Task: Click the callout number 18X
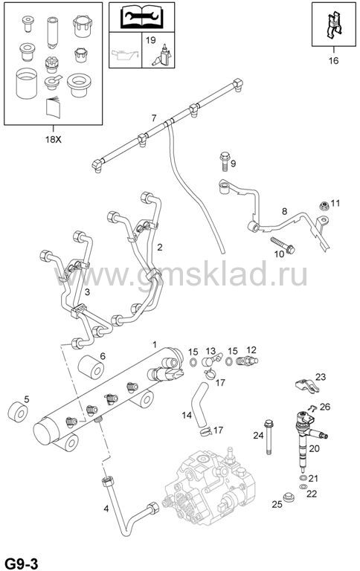[54, 139]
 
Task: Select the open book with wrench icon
[142, 17]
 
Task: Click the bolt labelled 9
[224, 161]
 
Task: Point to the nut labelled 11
[324, 206]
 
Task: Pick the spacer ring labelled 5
[18, 413]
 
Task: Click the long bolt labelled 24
[269, 436]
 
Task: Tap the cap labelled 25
[289, 497]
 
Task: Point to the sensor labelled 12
[247, 361]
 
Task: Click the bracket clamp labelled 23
[306, 386]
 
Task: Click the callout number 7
[154, 118]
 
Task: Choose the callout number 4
[106, 509]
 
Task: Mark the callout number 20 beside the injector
[314, 448]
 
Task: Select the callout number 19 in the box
[150, 39]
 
